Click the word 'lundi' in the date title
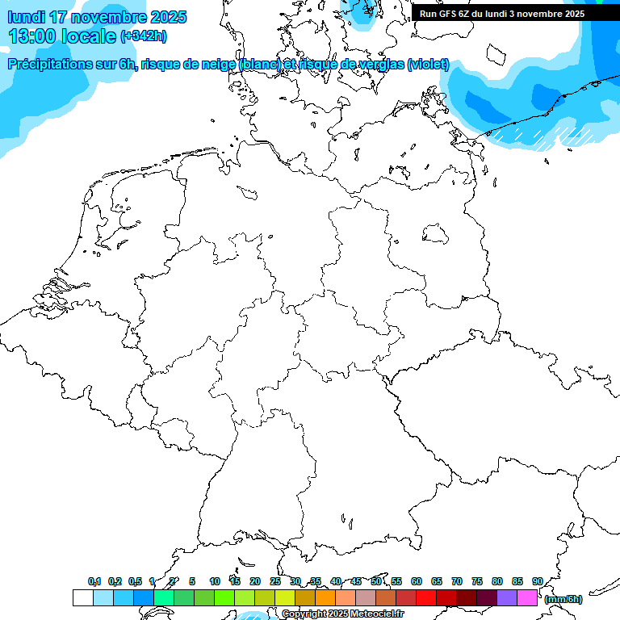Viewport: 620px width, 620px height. click(26, 17)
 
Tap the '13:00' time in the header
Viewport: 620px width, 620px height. click(31, 36)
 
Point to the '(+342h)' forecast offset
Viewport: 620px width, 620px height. click(144, 36)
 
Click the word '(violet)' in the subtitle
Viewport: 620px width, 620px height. click(429, 65)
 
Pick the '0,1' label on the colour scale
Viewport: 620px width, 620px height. click(94, 581)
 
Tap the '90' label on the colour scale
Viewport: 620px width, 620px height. click(538, 581)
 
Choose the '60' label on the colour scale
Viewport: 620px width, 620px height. click(417, 581)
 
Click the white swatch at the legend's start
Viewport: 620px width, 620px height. click(82, 597)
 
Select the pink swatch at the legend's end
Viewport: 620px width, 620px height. click(527, 597)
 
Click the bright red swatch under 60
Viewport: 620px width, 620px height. click(426, 597)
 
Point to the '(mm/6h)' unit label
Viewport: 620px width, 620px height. click(563, 599)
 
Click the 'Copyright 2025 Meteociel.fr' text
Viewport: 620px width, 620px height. click(342, 614)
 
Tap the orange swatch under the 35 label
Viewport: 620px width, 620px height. click(325, 597)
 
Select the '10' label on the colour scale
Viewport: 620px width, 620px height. click(215, 581)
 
